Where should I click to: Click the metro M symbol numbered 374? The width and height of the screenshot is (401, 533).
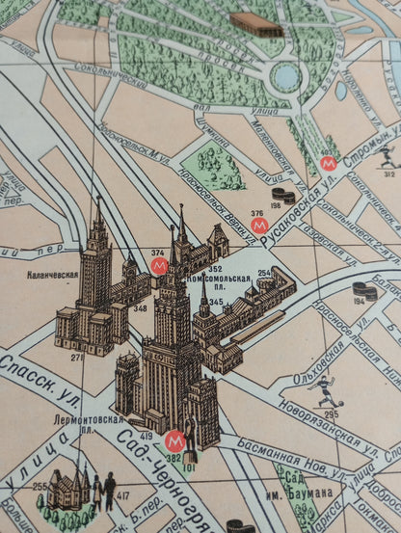160,265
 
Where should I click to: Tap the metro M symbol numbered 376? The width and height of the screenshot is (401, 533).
258,225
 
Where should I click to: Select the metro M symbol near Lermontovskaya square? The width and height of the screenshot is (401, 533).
174,441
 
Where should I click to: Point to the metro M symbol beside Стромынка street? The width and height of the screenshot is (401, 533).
329,163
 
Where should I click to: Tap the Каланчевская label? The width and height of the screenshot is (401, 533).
53,274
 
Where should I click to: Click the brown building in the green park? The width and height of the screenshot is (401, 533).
255,24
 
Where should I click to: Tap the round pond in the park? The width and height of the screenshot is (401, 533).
285,76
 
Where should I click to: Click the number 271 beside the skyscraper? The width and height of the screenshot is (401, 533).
77,357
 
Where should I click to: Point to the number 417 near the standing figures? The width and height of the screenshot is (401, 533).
122,497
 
